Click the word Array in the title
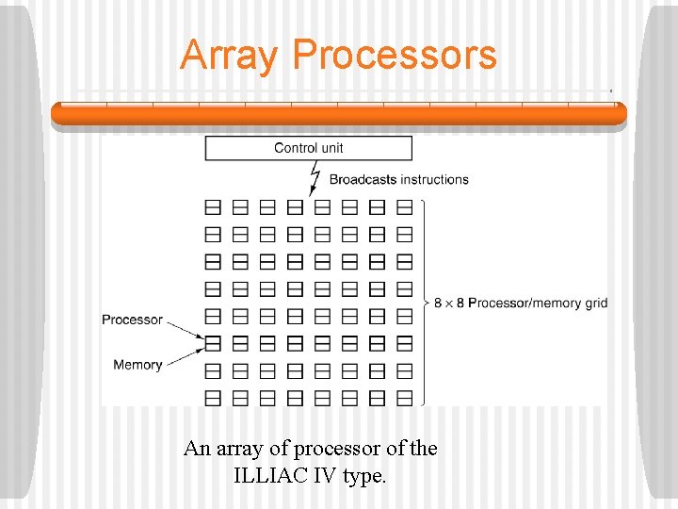tap(230, 55)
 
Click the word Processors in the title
tap(395, 55)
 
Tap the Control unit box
tap(309, 148)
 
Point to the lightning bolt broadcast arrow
tap(315, 177)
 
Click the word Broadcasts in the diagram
tap(363, 179)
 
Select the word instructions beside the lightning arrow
tap(434, 179)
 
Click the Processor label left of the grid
tap(132, 320)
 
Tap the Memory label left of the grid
tap(137, 365)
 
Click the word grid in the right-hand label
tap(593, 303)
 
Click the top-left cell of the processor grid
tap(213, 207)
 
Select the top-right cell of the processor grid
tap(405, 207)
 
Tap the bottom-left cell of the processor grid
tap(213, 398)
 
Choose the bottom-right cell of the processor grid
tap(405, 398)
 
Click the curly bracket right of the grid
tap(426, 303)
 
